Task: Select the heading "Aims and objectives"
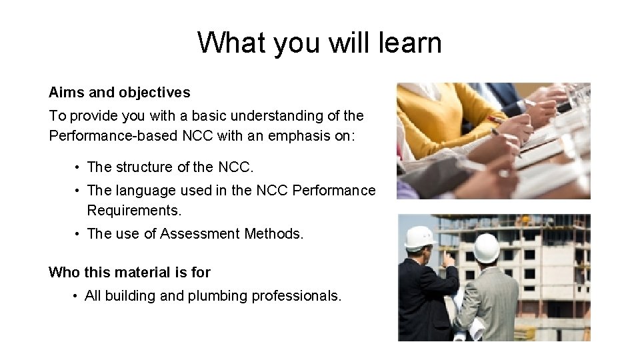(x=119, y=93)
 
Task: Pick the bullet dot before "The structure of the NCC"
(x=78, y=167)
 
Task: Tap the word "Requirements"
(x=134, y=211)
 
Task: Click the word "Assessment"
(x=200, y=234)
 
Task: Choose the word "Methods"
(x=273, y=234)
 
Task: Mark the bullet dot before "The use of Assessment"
(x=78, y=234)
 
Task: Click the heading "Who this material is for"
(x=129, y=272)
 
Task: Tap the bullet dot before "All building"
(x=76, y=296)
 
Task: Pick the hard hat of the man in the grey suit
(x=487, y=247)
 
